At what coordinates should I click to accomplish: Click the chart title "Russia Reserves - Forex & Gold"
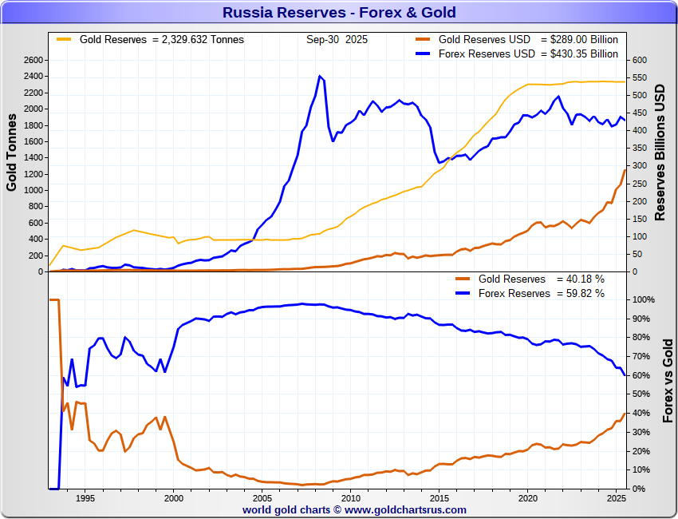coord(339,12)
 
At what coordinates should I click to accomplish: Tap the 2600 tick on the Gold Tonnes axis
coord(32,61)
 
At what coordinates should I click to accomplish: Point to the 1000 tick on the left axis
coord(32,191)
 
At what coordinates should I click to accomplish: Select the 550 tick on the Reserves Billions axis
coord(641,78)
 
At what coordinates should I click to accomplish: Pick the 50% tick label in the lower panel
coord(642,394)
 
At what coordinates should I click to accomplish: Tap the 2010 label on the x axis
coord(351,498)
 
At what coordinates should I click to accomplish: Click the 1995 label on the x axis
coord(85,498)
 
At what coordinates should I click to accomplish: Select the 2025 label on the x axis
coord(614,498)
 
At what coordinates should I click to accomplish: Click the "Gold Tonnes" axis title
coord(12,152)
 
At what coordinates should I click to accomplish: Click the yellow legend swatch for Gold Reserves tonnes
coord(63,39)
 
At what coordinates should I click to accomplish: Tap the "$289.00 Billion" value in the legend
coord(579,39)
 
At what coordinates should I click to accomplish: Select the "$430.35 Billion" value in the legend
coord(579,53)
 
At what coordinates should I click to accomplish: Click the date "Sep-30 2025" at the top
coord(337,39)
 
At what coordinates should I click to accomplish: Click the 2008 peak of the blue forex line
coord(320,77)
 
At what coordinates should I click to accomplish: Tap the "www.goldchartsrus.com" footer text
coord(406,509)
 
